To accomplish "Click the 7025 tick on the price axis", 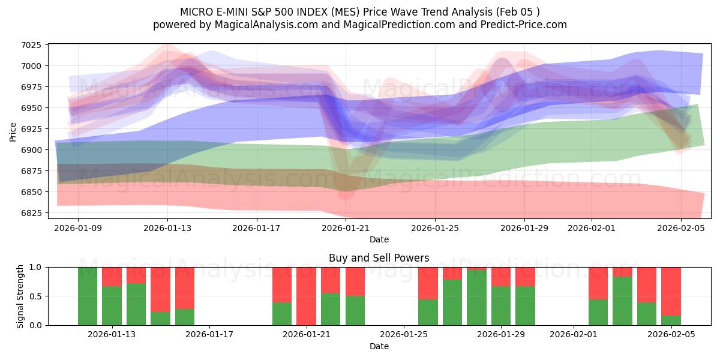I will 31,45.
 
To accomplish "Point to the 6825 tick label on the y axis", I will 31,213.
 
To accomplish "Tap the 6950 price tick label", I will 31,108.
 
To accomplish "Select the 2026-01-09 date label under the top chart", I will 78,228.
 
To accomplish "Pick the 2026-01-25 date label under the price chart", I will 435,228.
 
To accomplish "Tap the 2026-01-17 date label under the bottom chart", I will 209,335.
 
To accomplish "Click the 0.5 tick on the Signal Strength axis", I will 36,296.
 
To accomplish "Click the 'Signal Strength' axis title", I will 20,296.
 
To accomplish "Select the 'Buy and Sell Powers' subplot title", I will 379,258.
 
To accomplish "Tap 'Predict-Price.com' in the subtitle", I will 526,25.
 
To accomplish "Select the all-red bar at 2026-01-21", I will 306,296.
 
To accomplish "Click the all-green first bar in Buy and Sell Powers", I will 88,296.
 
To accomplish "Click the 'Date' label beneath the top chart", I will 379,239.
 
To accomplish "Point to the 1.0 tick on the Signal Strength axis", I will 36,267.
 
